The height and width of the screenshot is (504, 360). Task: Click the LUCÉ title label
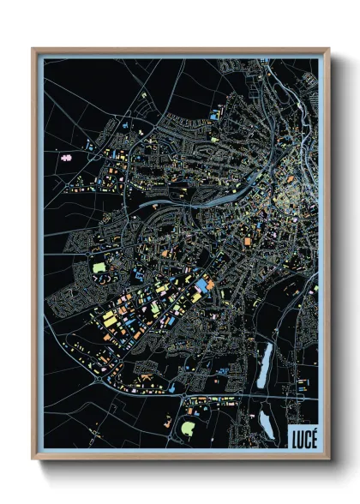[303, 436]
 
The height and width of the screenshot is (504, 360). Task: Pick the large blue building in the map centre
[201, 285]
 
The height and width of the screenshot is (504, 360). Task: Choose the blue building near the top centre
[214, 114]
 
